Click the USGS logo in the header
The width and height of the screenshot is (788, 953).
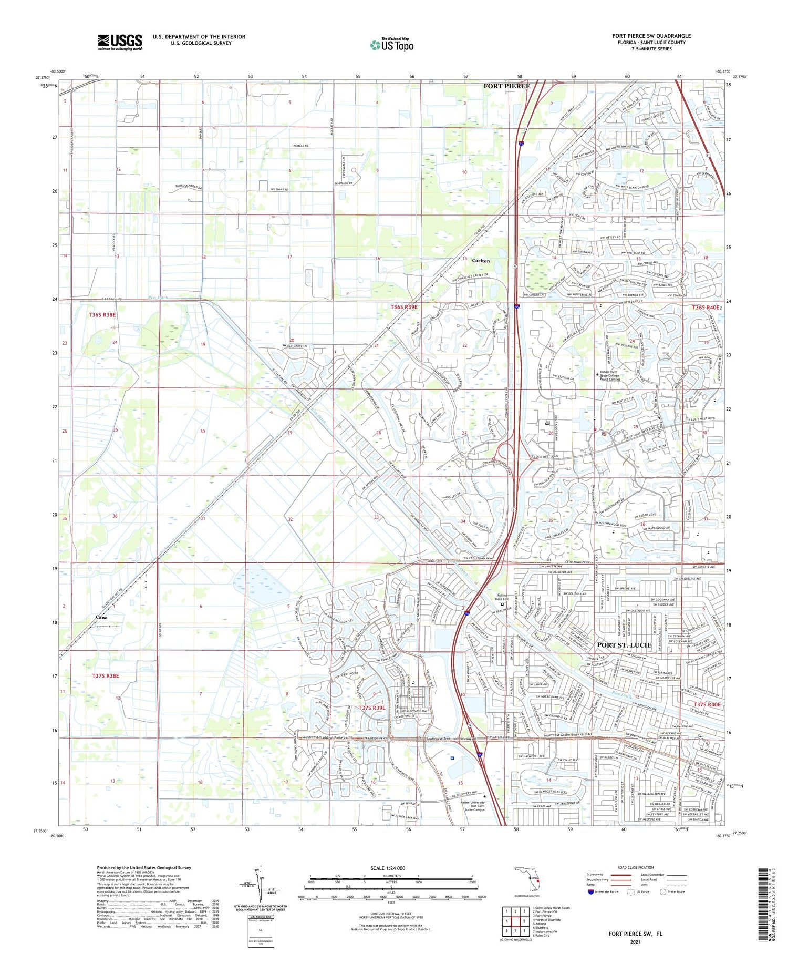[120, 42]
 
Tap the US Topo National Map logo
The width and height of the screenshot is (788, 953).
[391, 45]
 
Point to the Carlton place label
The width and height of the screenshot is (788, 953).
[481, 261]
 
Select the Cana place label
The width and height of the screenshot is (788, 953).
[101, 617]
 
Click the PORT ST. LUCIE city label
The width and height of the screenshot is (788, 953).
[624, 645]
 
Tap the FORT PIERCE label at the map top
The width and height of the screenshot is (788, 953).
[506, 86]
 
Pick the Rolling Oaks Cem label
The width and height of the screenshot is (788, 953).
[503, 597]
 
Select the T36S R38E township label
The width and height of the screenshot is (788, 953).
[102, 314]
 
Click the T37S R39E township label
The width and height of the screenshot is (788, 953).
[372, 708]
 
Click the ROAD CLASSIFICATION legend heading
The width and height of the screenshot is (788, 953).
[636, 867]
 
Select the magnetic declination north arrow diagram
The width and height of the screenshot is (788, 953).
[258, 886]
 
